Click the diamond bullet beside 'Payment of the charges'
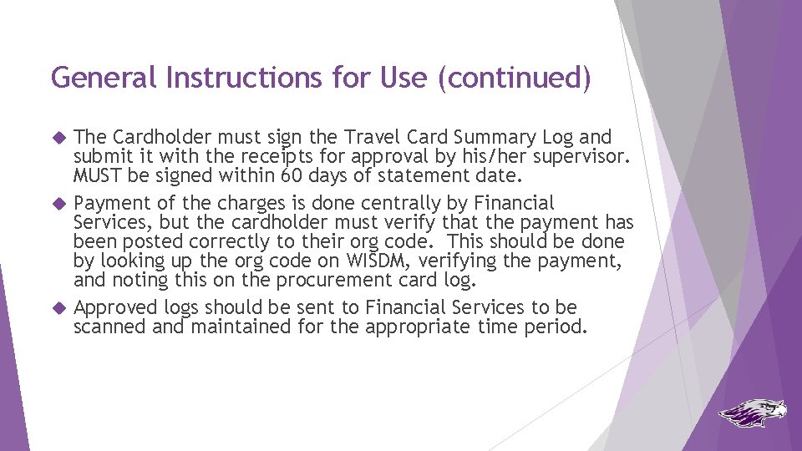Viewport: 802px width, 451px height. coord(58,203)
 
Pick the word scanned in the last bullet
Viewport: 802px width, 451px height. coord(106,327)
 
